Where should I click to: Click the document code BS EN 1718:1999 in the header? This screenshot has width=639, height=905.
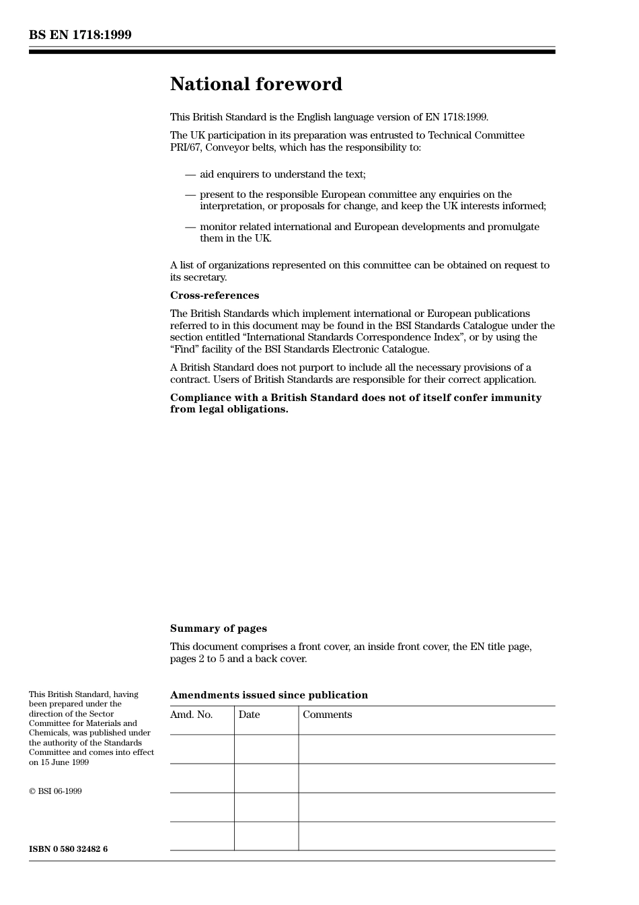pos(80,35)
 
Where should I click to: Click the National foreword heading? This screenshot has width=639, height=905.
pos(256,84)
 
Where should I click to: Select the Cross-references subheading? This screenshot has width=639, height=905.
pos(214,295)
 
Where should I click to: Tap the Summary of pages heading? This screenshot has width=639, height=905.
pos(218,628)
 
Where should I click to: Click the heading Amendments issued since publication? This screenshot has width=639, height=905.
pos(268,695)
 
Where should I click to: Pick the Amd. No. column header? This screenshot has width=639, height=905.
pos(191,715)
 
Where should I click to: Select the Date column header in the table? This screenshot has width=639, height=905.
pos(249,715)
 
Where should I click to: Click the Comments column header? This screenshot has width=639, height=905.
pos(327,715)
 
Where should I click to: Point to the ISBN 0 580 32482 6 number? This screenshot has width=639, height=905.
pos(68,849)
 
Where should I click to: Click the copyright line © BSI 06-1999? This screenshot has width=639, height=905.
pos(55,791)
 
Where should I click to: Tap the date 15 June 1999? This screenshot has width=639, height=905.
pos(64,762)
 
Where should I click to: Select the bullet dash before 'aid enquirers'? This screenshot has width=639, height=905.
pos(190,175)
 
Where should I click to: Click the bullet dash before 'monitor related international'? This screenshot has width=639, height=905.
pos(190,227)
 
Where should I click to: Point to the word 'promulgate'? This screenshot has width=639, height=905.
pos(513,227)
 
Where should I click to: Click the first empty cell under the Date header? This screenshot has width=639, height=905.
pos(266,749)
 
